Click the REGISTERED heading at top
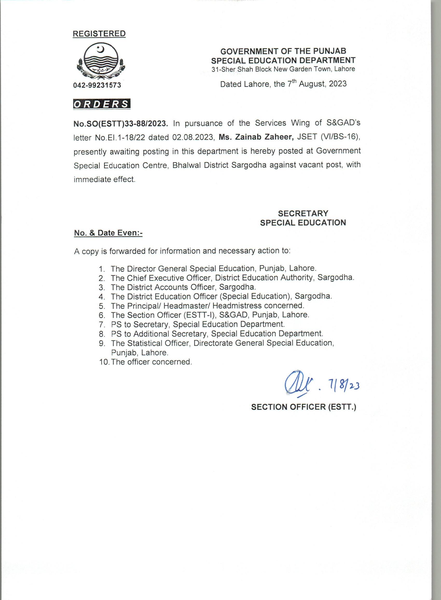tap(99, 34)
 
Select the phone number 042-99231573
tap(97, 85)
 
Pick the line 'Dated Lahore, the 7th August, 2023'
tap(283, 84)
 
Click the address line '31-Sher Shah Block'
tap(283, 69)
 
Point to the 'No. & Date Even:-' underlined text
tap(108, 233)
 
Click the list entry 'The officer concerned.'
tap(151, 362)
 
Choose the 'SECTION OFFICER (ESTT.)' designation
tap(304, 407)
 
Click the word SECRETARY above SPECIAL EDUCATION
tap(303, 213)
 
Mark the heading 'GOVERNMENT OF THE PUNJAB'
tap(283, 51)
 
